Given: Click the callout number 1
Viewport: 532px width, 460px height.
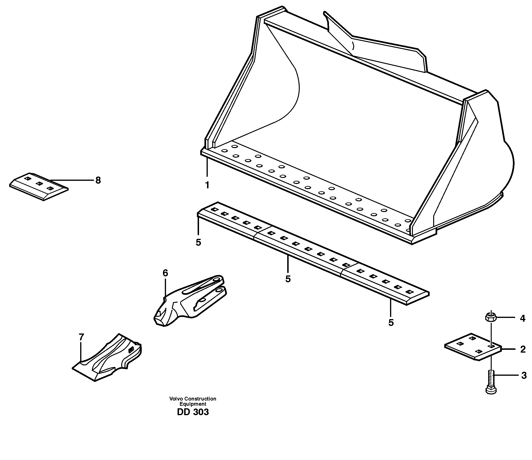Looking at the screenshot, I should (207, 185).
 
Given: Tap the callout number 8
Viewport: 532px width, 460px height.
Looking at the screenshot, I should (98, 180).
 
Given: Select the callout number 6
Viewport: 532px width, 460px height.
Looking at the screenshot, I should (165, 273).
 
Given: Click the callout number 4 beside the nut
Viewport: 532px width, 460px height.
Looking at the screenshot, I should (523, 319).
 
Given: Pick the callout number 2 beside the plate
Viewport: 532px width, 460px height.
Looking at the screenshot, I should (523, 350).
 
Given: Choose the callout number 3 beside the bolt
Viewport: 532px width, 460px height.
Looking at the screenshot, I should (524, 376).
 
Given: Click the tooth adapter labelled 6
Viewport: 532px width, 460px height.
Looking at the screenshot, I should (190, 299).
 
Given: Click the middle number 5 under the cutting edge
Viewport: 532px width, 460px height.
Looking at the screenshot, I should (288, 279).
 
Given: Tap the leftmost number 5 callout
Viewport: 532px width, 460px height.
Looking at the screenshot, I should (198, 242).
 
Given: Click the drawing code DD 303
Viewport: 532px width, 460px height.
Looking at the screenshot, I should (193, 412).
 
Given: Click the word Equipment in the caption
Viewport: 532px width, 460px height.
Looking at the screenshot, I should (193, 404).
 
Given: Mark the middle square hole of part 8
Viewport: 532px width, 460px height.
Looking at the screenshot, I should (39, 183).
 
